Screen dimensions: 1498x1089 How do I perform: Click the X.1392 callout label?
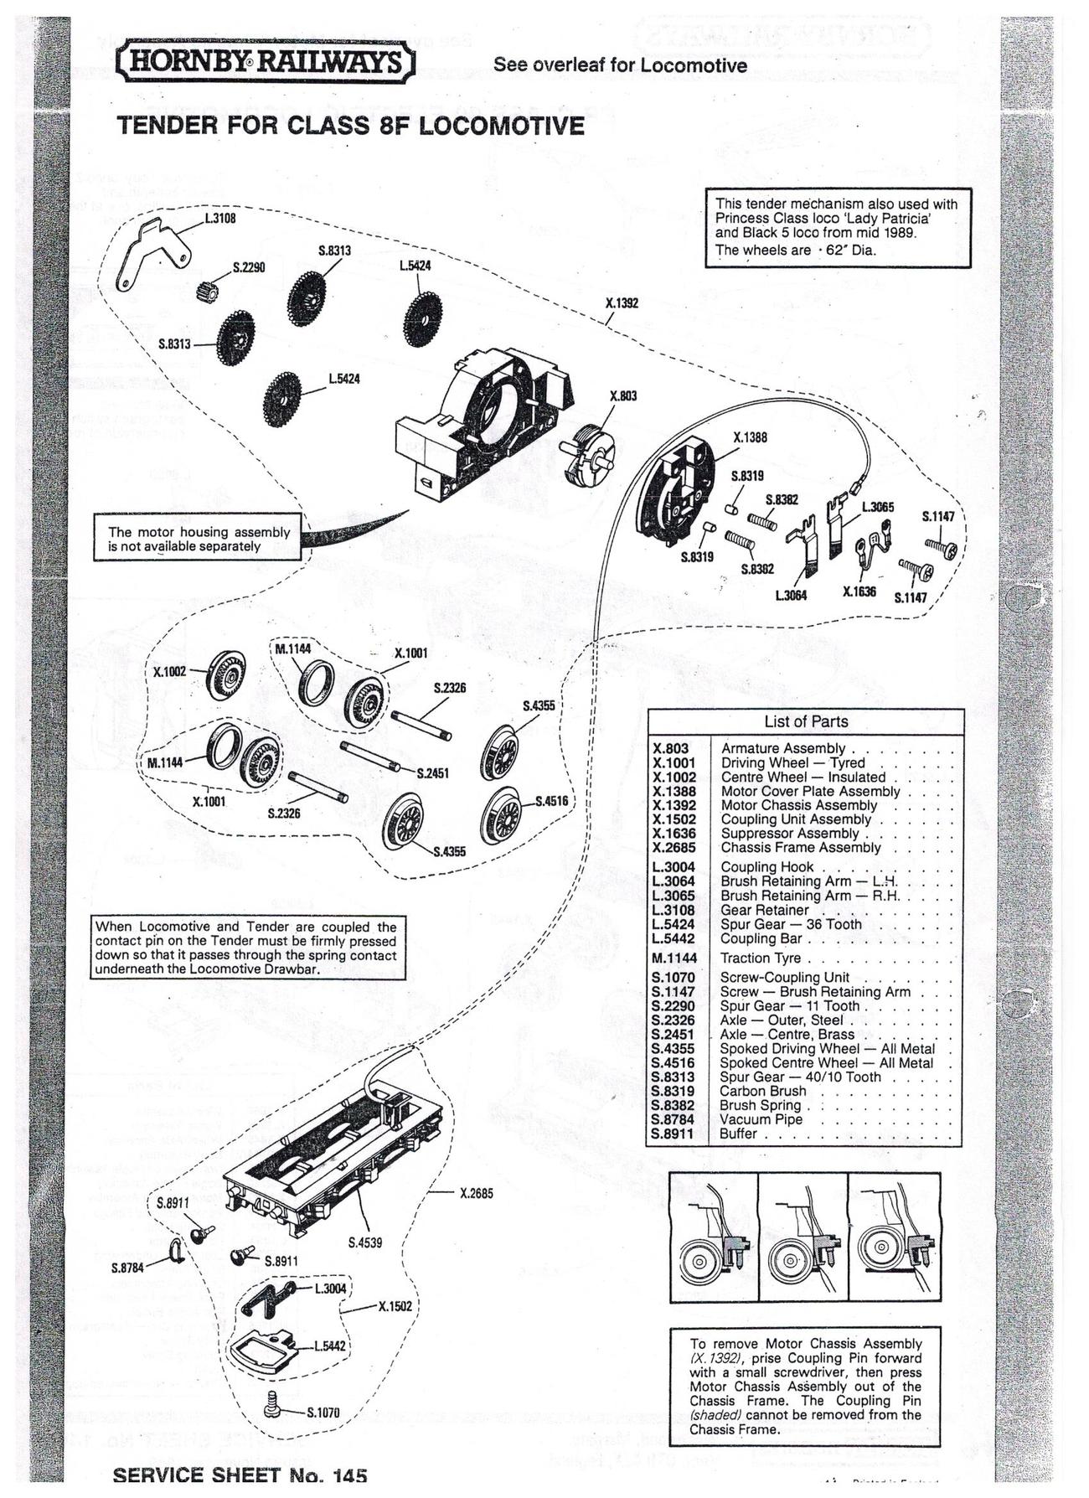click(622, 303)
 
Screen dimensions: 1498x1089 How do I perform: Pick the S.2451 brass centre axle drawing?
click(374, 756)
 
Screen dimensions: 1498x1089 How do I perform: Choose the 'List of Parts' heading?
click(806, 721)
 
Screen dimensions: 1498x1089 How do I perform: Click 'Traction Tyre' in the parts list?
click(761, 958)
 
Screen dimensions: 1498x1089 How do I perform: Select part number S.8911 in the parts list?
click(673, 1134)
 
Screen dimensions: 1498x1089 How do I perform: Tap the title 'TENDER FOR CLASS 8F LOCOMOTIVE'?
click(351, 126)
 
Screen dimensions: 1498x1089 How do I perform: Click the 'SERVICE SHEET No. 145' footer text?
click(240, 1475)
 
